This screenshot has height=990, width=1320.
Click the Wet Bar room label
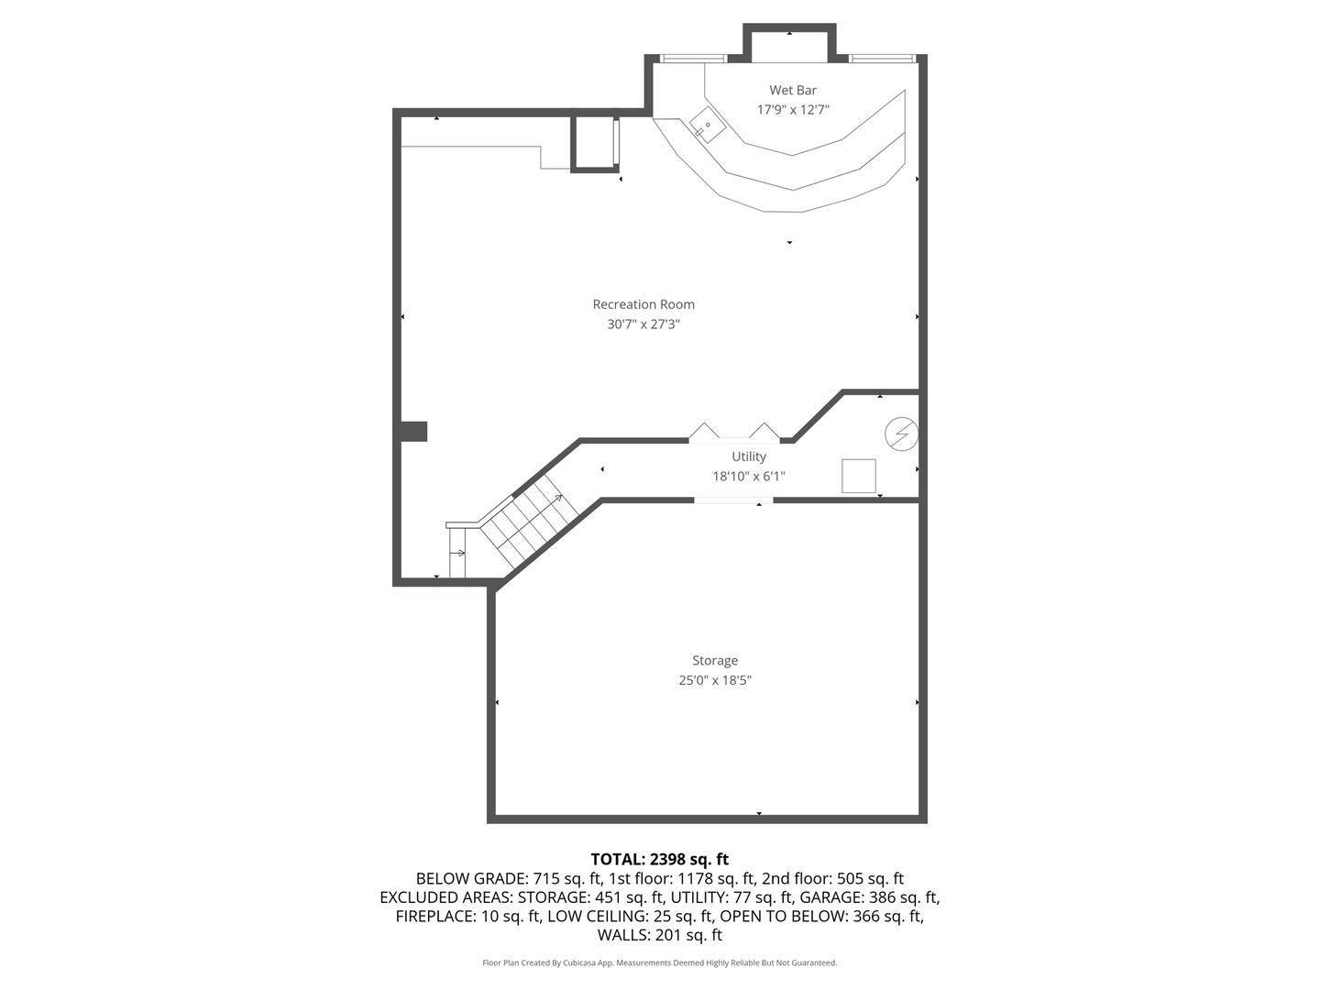click(793, 90)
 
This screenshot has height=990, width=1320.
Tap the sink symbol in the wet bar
click(708, 125)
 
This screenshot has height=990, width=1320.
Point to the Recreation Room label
click(643, 304)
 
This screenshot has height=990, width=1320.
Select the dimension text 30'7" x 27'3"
click(643, 324)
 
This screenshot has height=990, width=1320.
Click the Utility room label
click(749, 456)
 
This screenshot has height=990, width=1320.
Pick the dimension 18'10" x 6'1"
click(749, 477)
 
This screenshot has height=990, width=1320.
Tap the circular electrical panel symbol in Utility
click(901, 434)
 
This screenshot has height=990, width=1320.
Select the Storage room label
click(715, 660)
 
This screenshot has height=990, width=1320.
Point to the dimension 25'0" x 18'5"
click(715, 680)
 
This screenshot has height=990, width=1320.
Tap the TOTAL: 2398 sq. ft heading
click(660, 860)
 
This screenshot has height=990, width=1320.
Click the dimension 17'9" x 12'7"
click(793, 110)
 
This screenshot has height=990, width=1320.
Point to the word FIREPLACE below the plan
click(434, 916)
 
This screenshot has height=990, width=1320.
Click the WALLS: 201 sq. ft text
click(660, 935)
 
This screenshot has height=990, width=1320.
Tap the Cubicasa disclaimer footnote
click(660, 962)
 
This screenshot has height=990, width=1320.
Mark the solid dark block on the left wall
click(413, 431)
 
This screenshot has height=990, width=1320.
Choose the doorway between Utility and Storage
click(733, 500)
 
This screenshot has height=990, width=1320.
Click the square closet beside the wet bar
click(594, 143)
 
